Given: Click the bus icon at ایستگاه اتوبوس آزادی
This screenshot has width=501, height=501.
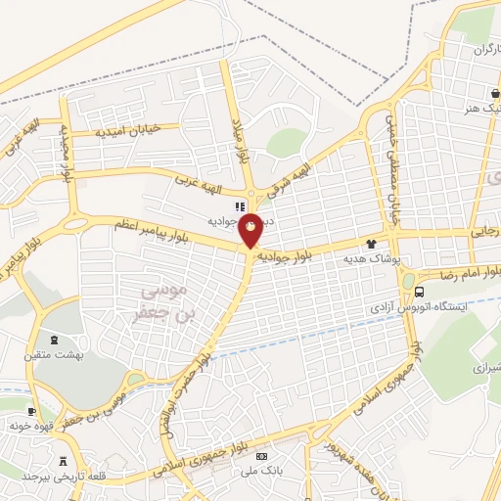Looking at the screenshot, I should tap(420, 291).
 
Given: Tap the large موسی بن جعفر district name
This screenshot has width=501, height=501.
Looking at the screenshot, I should tap(164, 300).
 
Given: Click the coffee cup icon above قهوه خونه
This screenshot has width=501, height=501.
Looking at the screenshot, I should tap(32, 412).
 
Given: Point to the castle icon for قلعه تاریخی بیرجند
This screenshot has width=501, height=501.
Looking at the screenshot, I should tap(65, 461).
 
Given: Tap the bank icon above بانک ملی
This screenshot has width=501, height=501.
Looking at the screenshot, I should tap(260, 457).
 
